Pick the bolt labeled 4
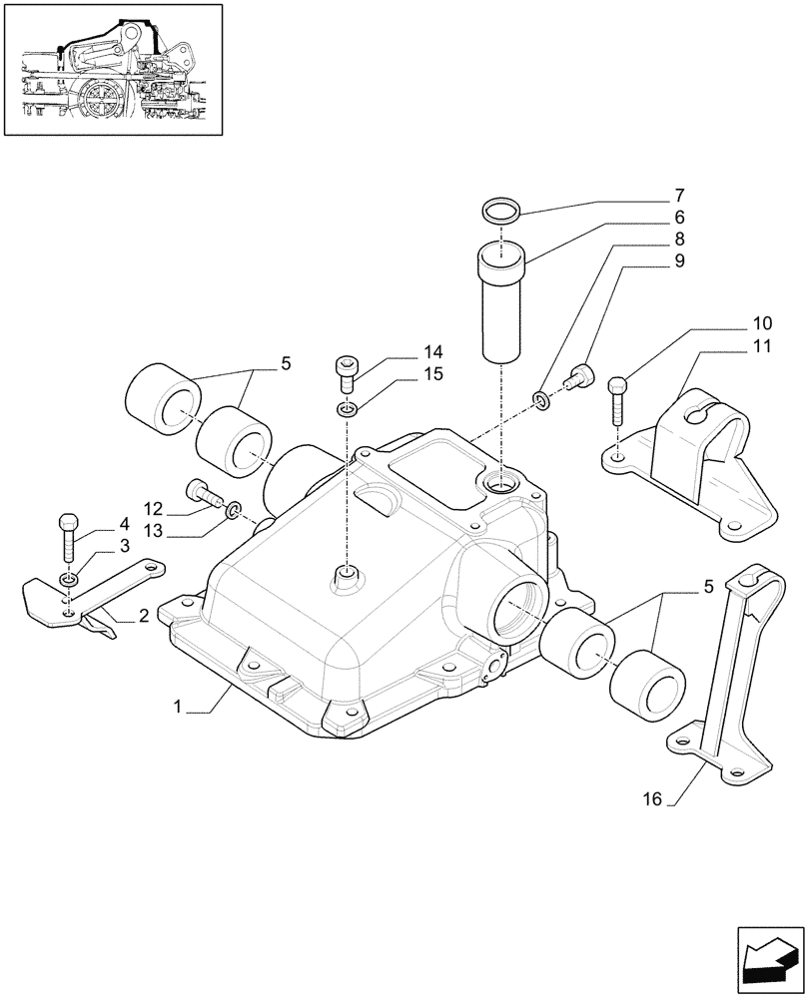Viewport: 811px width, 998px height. click(68, 539)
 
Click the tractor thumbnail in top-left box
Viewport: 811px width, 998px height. click(112, 70)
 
